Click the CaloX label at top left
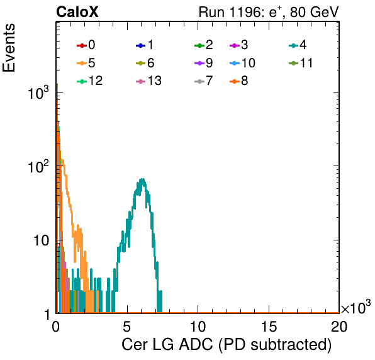pyautogui.click(x=77, y=12)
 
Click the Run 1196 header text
pyautogui.click(x=269, y=12)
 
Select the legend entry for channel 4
pyautogui.click(x=298, y=45)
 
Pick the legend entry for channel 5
pyautogui.click(x=86, y=63)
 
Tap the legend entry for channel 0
pyautogui.click(x=86, y=45)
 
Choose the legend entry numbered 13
pyautogui.click(x=148, y=81)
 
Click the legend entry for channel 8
pyautogui.click(x=238, y=81)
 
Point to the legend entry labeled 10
pyautogui.click(x=242, y=63)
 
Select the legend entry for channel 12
pyautogui.click(x=90, y=81)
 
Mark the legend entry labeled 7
pyautogui.click(x=203, y=81)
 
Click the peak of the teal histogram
pyautogui.click(x=143, y=179)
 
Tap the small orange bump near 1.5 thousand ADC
pyautogui.click(x=78, y=230)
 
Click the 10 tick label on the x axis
pyautogui.click(x=198, y=326)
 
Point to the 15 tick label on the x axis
pyautogui.click(x=269, y=326)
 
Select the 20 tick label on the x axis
pyautogui.click(x=339, y=326)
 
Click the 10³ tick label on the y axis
pyautogui.click(x=38, y=93)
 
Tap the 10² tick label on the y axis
pyautogui.click(x=38, y=166)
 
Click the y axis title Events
pyautogui.click(x=9, y=48)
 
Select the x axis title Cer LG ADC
pyautogui.click(x=167, y=345)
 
